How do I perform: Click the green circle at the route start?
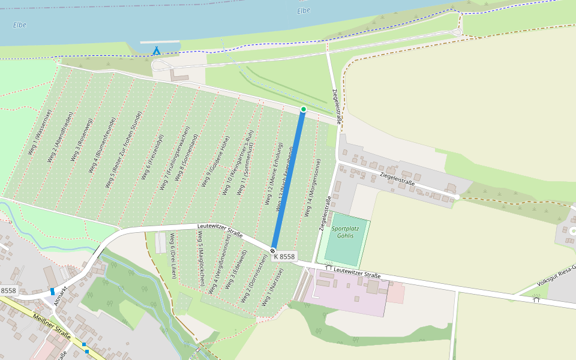click(x=303, y=109)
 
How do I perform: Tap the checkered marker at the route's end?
click(x=273, y=250)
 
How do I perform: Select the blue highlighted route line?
click(x=288, y=180)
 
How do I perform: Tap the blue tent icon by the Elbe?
click(x=157, y=51)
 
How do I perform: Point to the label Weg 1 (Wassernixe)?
click(x=40, y=131)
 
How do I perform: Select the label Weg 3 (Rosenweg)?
click(x=82, y=140)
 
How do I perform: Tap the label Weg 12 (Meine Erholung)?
click(x=273, y=173)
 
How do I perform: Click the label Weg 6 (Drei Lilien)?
click(x=173, y=255)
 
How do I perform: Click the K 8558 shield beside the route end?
click(x=284, y=257)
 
